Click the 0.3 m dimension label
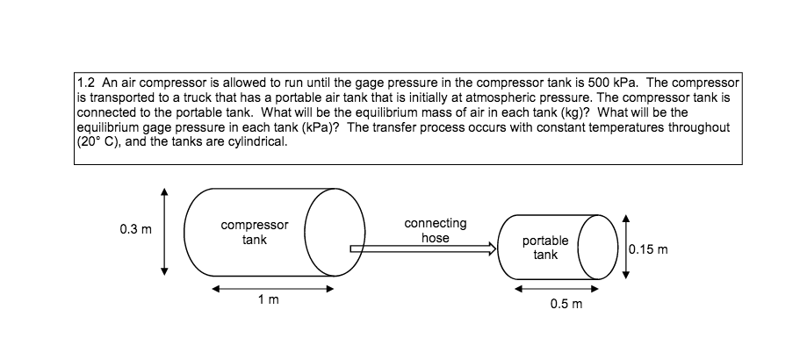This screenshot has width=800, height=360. pyautogui.click(x=136, y=230)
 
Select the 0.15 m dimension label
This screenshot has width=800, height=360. pyautogui.click(x=649, y=248)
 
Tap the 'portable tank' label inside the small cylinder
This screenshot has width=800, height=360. pyautogui.click(x=545, y=247)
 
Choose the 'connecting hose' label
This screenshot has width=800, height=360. pyautogui.click(x=436, y=231)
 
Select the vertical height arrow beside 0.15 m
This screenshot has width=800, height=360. pyautogui.click(x=624, y=247)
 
